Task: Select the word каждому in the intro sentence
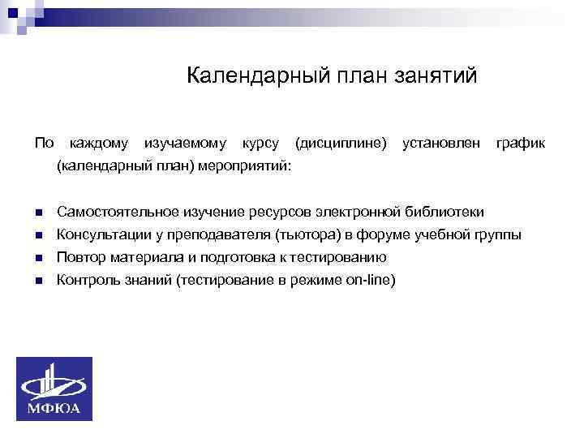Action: click(99, 144)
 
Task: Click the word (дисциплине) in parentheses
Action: click(341, 144)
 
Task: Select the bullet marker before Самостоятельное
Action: click(38, 213)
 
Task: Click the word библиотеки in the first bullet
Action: click(449, 212)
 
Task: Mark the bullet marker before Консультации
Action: click(38, 235)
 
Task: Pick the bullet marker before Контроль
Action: click(38, 281)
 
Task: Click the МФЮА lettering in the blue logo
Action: click(54, 408)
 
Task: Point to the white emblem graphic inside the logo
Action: click(54, 382)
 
